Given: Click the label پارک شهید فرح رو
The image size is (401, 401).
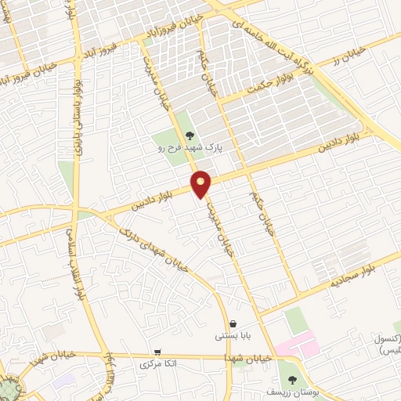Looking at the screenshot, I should tap(190, 147).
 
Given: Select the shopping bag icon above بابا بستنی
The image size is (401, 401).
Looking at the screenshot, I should tap(233, 324).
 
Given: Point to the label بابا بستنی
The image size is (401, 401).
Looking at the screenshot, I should tap(233, 336).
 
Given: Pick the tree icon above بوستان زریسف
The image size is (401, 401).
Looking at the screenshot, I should tap(292, 380).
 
